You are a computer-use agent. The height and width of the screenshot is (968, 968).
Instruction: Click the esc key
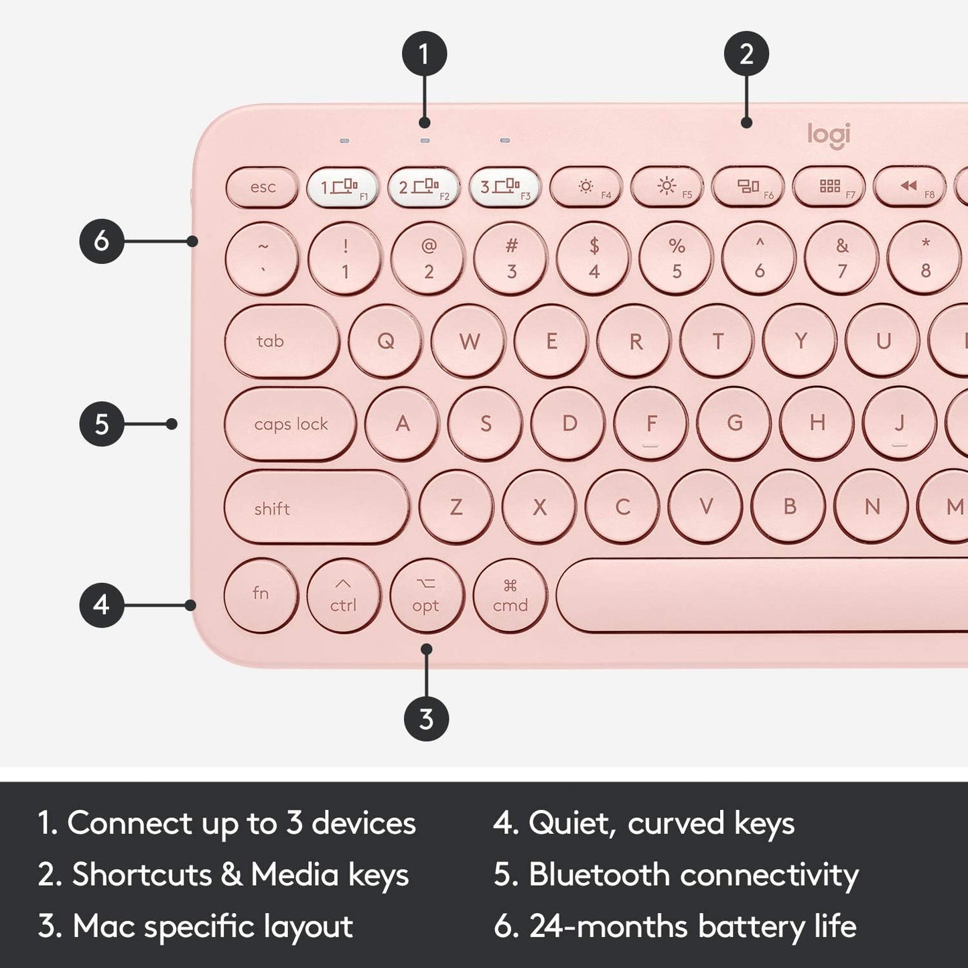click(262, 187)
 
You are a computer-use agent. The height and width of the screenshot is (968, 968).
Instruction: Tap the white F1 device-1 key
click(342, 187)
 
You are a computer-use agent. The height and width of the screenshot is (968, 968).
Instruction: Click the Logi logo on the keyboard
click(829, 135)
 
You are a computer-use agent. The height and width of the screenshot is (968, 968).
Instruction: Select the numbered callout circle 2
click(746, 54)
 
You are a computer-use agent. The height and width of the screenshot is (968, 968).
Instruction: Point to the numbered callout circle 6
click(102, 240)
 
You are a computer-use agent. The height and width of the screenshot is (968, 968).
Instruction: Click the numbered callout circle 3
click(427, 719)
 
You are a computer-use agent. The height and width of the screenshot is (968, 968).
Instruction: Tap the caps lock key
click(290, 424)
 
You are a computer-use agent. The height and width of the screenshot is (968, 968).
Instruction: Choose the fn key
click(261, 594)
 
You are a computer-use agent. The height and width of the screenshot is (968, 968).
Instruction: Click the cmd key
click(510, 595)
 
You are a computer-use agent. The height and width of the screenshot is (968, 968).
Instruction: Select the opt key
click(427, 595)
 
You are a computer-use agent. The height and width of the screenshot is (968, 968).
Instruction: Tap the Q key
click(386, 341)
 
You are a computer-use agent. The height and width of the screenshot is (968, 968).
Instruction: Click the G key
click(734, 423)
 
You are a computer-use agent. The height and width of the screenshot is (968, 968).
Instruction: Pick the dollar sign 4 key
click(594, 259)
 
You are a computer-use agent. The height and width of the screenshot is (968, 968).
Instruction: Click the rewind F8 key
click(909, 187)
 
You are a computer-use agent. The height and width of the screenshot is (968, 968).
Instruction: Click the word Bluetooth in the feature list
click(598, 875)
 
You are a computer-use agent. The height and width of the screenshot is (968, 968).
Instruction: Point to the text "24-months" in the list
click(608, 926)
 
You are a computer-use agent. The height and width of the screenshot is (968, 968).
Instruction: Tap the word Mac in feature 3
click(104, 926)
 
